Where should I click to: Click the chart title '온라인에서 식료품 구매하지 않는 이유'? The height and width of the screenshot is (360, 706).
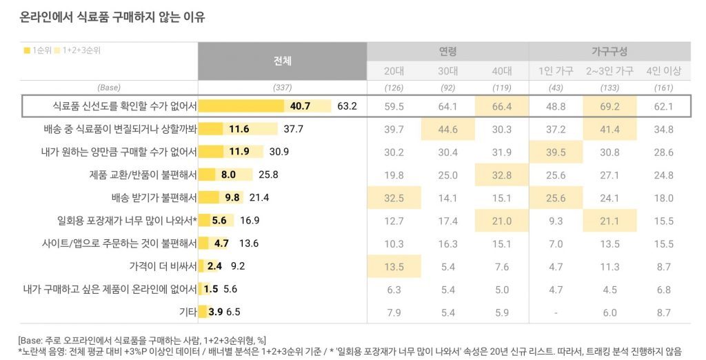(113, 18)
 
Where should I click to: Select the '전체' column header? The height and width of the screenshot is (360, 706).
(282, 61)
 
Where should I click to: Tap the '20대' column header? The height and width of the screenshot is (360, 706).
(394, 71)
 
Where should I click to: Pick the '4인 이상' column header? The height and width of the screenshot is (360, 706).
(663, 71)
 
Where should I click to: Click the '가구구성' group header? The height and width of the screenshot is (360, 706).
(609, 52)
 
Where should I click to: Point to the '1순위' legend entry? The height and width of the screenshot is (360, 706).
(41, 51)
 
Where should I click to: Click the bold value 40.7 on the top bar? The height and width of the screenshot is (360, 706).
(301, 106)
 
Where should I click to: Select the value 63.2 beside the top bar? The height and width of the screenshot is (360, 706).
(347, 106)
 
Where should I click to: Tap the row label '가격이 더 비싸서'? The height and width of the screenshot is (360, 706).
(163, 266)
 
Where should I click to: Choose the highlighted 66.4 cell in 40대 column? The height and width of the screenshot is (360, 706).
(501, 106)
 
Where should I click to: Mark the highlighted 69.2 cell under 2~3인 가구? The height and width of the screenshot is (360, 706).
(609, 106)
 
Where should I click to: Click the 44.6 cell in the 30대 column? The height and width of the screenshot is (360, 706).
(447, 129)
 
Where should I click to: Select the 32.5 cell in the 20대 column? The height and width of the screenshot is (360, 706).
(394, 198)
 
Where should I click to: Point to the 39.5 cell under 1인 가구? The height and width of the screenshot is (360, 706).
(556, 152)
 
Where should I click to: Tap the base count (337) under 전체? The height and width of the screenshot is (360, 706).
(282, 88)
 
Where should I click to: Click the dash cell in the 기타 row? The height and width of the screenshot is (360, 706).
(556, 312)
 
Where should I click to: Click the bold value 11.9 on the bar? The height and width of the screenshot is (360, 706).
(239, 152)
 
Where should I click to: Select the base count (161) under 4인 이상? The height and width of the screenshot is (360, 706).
(663, 88)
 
